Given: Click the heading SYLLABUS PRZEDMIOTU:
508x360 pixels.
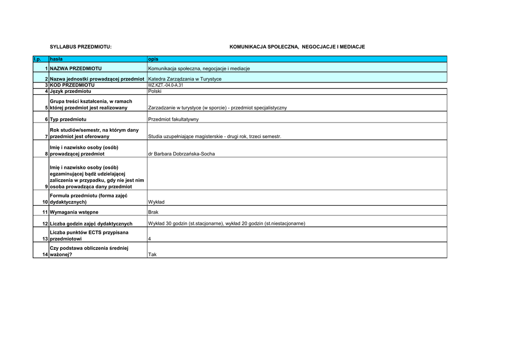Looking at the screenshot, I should (81, 47).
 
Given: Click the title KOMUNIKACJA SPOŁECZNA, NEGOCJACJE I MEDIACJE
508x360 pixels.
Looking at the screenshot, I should (297, 47).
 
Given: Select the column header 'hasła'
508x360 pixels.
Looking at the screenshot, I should (56, 59).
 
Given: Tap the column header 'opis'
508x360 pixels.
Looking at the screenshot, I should (153, 59).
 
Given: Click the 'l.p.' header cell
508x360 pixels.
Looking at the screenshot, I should (37, 59).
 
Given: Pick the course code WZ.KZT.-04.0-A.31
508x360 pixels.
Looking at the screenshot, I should (166, 85).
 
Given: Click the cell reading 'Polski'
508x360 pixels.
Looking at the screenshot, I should (155, 91).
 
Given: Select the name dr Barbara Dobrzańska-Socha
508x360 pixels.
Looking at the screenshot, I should (182, 154).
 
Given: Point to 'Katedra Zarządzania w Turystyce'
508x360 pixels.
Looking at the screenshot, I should (185, 79).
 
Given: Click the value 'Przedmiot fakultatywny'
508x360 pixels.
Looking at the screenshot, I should (173, 120).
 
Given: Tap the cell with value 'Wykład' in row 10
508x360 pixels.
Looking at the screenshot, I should (156, 202).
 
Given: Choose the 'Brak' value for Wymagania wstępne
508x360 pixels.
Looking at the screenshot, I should (153, 212).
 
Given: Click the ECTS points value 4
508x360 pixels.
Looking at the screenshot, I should (150, 239).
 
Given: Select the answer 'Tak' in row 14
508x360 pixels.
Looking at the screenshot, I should (152, 255).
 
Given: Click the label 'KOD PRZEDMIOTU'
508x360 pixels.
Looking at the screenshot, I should (72, 85).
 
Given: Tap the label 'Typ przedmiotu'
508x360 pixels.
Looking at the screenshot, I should (68, 120).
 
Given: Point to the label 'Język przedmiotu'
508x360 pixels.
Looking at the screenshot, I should (70, 91).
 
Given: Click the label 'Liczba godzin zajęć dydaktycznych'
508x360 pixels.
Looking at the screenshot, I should (91, 223).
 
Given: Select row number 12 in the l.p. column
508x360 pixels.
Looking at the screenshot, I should (45, 223).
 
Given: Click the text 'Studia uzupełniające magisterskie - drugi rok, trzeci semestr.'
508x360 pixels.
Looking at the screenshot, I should (214, 137).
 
